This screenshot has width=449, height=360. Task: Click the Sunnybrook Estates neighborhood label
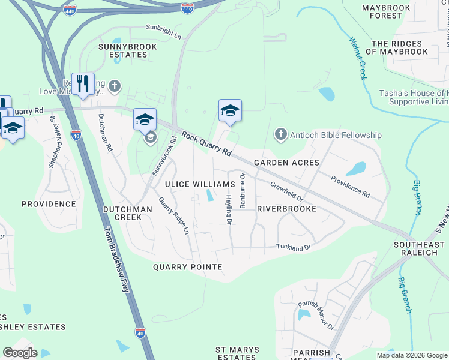point(127,50)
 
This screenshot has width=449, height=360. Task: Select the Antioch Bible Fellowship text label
point(335,135)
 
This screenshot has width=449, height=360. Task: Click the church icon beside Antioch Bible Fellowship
point(280,135)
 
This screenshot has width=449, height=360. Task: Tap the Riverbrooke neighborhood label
point(286,209)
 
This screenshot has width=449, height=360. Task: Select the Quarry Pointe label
point(187,266)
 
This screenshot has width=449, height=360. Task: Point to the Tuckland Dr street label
point(294,247)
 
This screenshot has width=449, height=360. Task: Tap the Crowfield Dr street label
point(288,191)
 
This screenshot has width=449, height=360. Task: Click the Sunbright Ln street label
point(163,31)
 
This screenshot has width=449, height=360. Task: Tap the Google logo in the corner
point(20,353)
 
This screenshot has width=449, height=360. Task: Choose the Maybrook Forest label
point(386,11)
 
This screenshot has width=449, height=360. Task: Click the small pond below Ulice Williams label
point(209,196)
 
